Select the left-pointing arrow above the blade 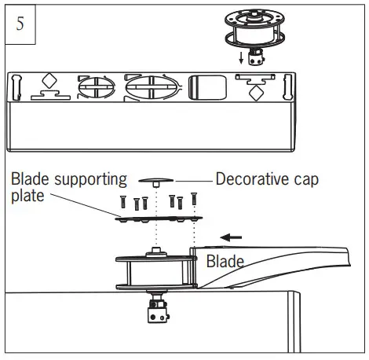231,235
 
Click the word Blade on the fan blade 225,261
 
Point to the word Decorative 251,178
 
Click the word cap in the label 305,178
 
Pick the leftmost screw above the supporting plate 123,202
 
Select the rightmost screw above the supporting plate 193,200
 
